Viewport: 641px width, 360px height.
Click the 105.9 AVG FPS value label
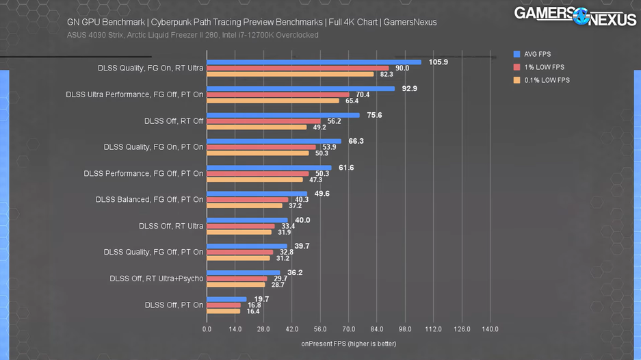point(438,62)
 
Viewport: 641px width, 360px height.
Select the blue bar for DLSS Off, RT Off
point(283,115)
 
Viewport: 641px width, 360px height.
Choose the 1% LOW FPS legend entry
point(541,67)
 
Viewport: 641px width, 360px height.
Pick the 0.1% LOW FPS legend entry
point(543,80)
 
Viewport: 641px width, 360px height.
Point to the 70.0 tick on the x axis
point(348,329)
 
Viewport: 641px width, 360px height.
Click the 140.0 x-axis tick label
point(490,329)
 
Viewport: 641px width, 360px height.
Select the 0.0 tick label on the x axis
point(207,329)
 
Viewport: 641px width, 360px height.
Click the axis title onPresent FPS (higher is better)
point(348,343)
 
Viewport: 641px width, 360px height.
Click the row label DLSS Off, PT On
point(174,305)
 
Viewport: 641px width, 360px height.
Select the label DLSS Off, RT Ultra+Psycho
point(157,279)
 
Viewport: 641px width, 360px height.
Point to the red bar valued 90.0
point(298,68)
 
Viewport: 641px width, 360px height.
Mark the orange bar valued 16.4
point(223,311)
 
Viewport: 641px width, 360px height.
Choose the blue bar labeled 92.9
point(300,88)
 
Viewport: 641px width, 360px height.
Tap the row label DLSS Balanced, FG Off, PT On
point(150,200)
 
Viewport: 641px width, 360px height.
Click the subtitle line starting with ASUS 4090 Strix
point(192,35)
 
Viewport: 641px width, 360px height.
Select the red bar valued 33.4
point(240,226)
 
